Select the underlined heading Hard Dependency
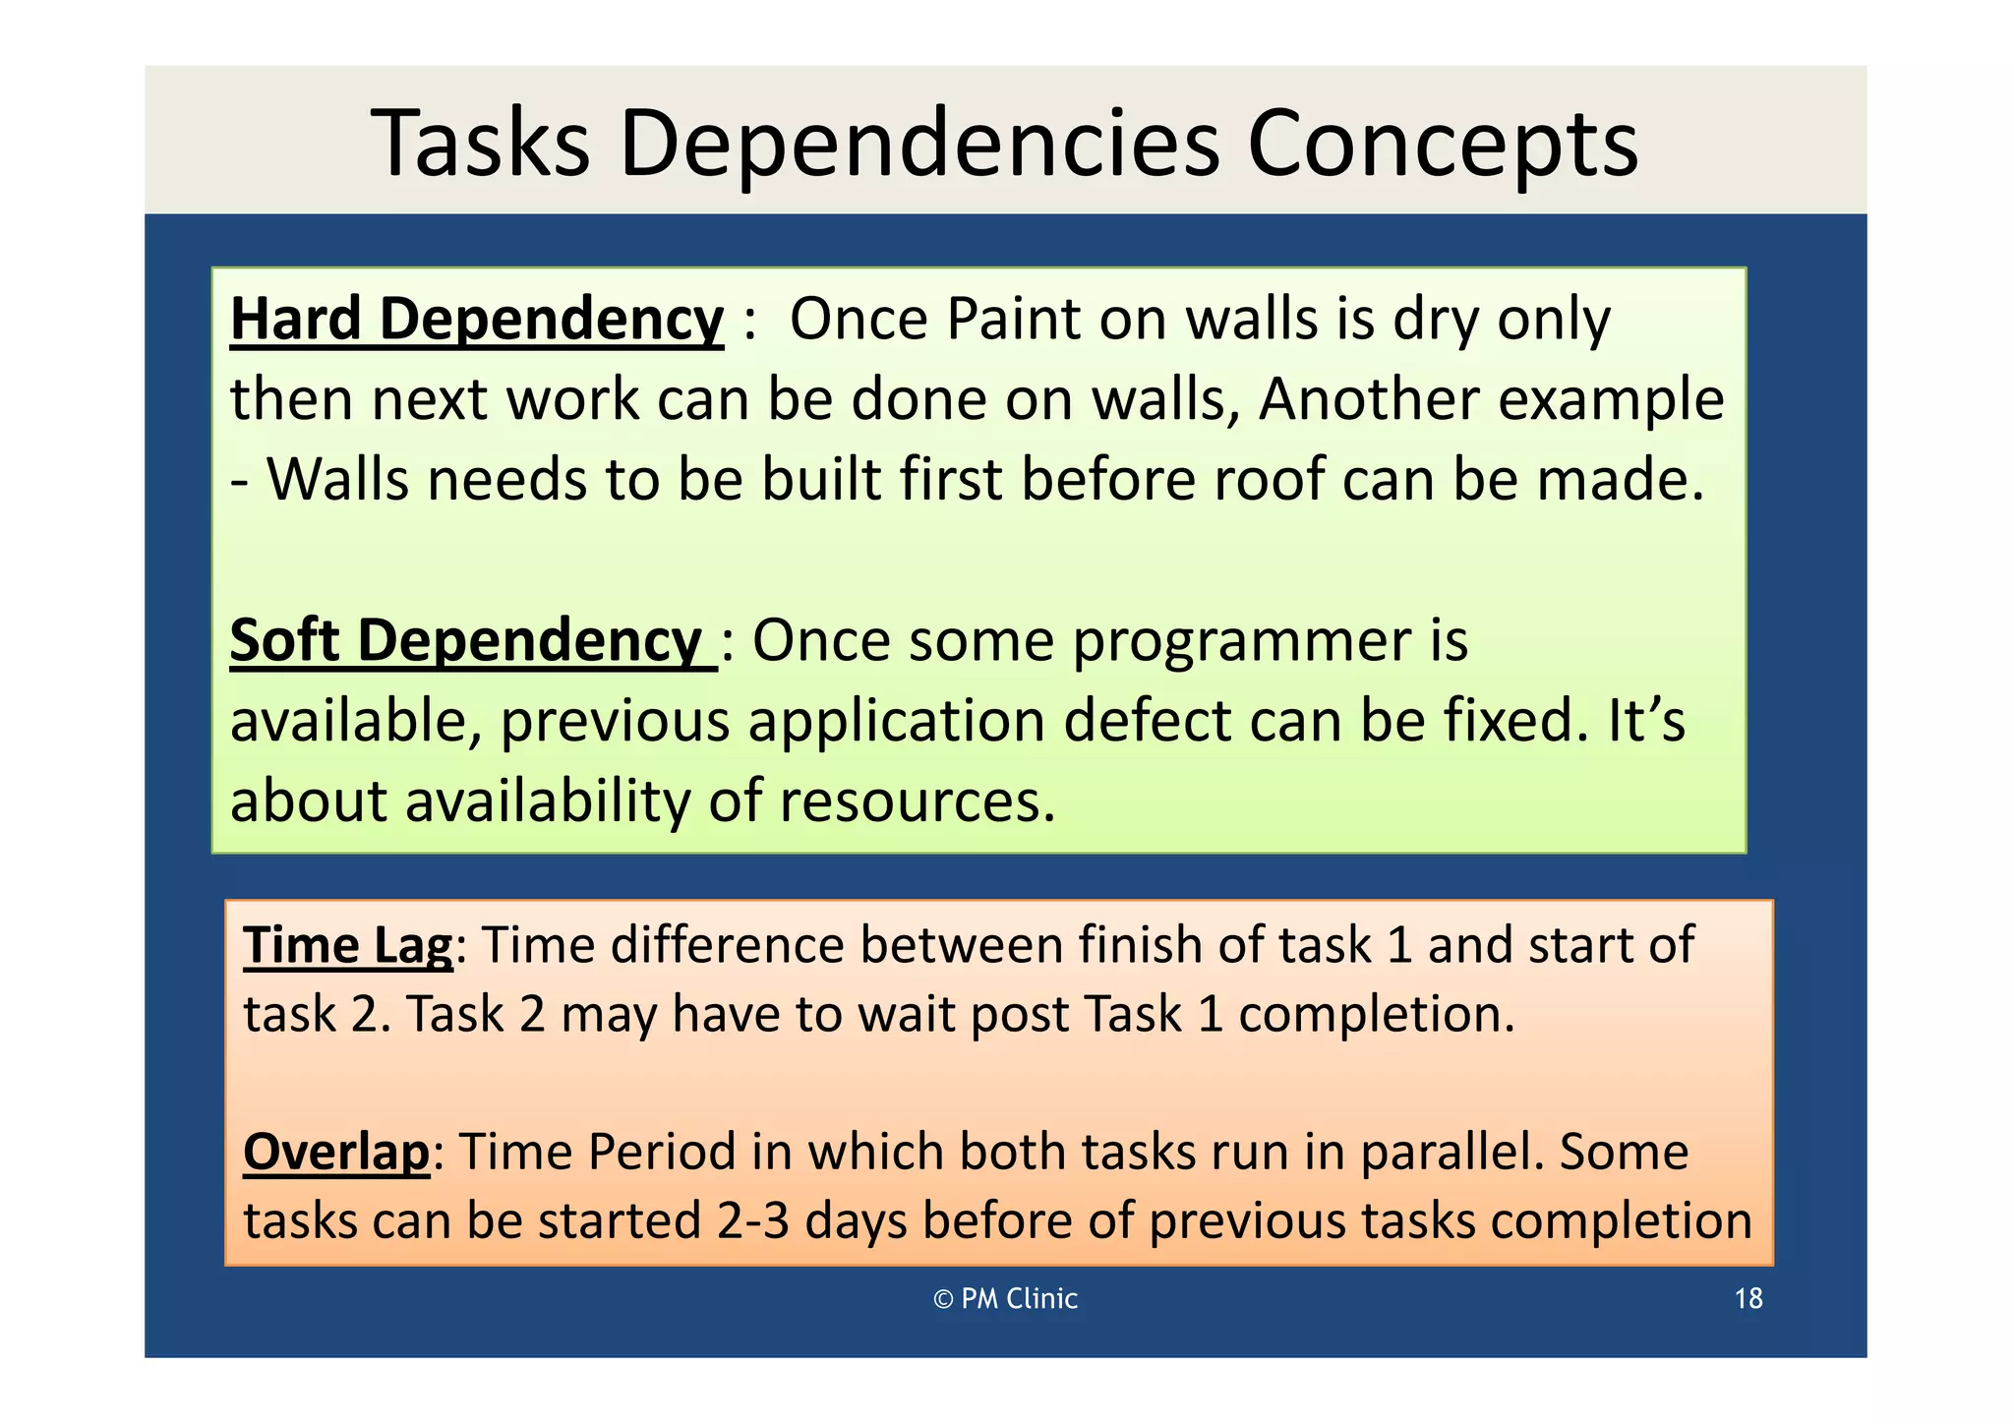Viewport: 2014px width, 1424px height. coord(477,321)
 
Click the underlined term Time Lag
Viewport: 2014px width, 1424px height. coord(348,945)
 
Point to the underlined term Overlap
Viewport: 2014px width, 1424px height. coord(336,1152)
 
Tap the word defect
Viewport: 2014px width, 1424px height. coord(1147,721)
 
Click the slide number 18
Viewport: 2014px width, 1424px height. coord(1747,1299)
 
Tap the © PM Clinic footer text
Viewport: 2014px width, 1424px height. coord(1005,1299)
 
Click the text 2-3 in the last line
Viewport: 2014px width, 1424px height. coord(752,1221)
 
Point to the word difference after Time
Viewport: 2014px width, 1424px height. coord(727,945)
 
